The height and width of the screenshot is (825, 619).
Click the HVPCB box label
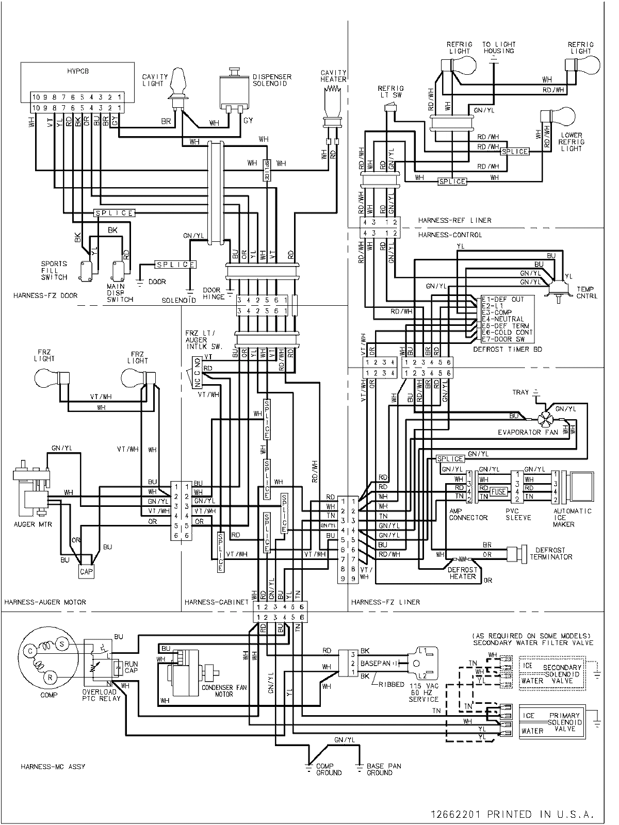(x=77, y=72)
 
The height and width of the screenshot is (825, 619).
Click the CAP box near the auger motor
(x=85, y=571)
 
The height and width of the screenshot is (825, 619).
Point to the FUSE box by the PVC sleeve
(x=499, y=491)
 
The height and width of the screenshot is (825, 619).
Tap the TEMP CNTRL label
(x=587, y=292)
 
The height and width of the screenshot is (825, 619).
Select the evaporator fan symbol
(x=545, y=419)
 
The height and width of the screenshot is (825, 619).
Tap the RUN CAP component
(x=118, y=667)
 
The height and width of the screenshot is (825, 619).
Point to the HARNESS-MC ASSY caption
(x=53, y=767)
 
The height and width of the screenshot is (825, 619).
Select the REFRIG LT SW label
(x=390, y=91)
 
